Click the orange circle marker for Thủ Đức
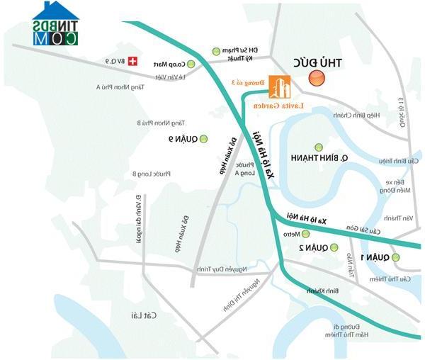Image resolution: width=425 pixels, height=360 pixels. click(317, 77)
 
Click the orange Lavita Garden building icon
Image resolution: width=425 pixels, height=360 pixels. click(282, 87)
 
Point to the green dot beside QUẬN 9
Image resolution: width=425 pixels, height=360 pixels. click(205, 138)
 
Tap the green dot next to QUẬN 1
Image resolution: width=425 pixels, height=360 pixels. click(396, 257)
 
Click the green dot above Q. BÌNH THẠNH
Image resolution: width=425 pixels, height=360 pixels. click(318, 147)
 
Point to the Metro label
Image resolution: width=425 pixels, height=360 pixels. click(292, 234)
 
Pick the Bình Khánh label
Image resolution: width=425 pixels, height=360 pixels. click(320, 291)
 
